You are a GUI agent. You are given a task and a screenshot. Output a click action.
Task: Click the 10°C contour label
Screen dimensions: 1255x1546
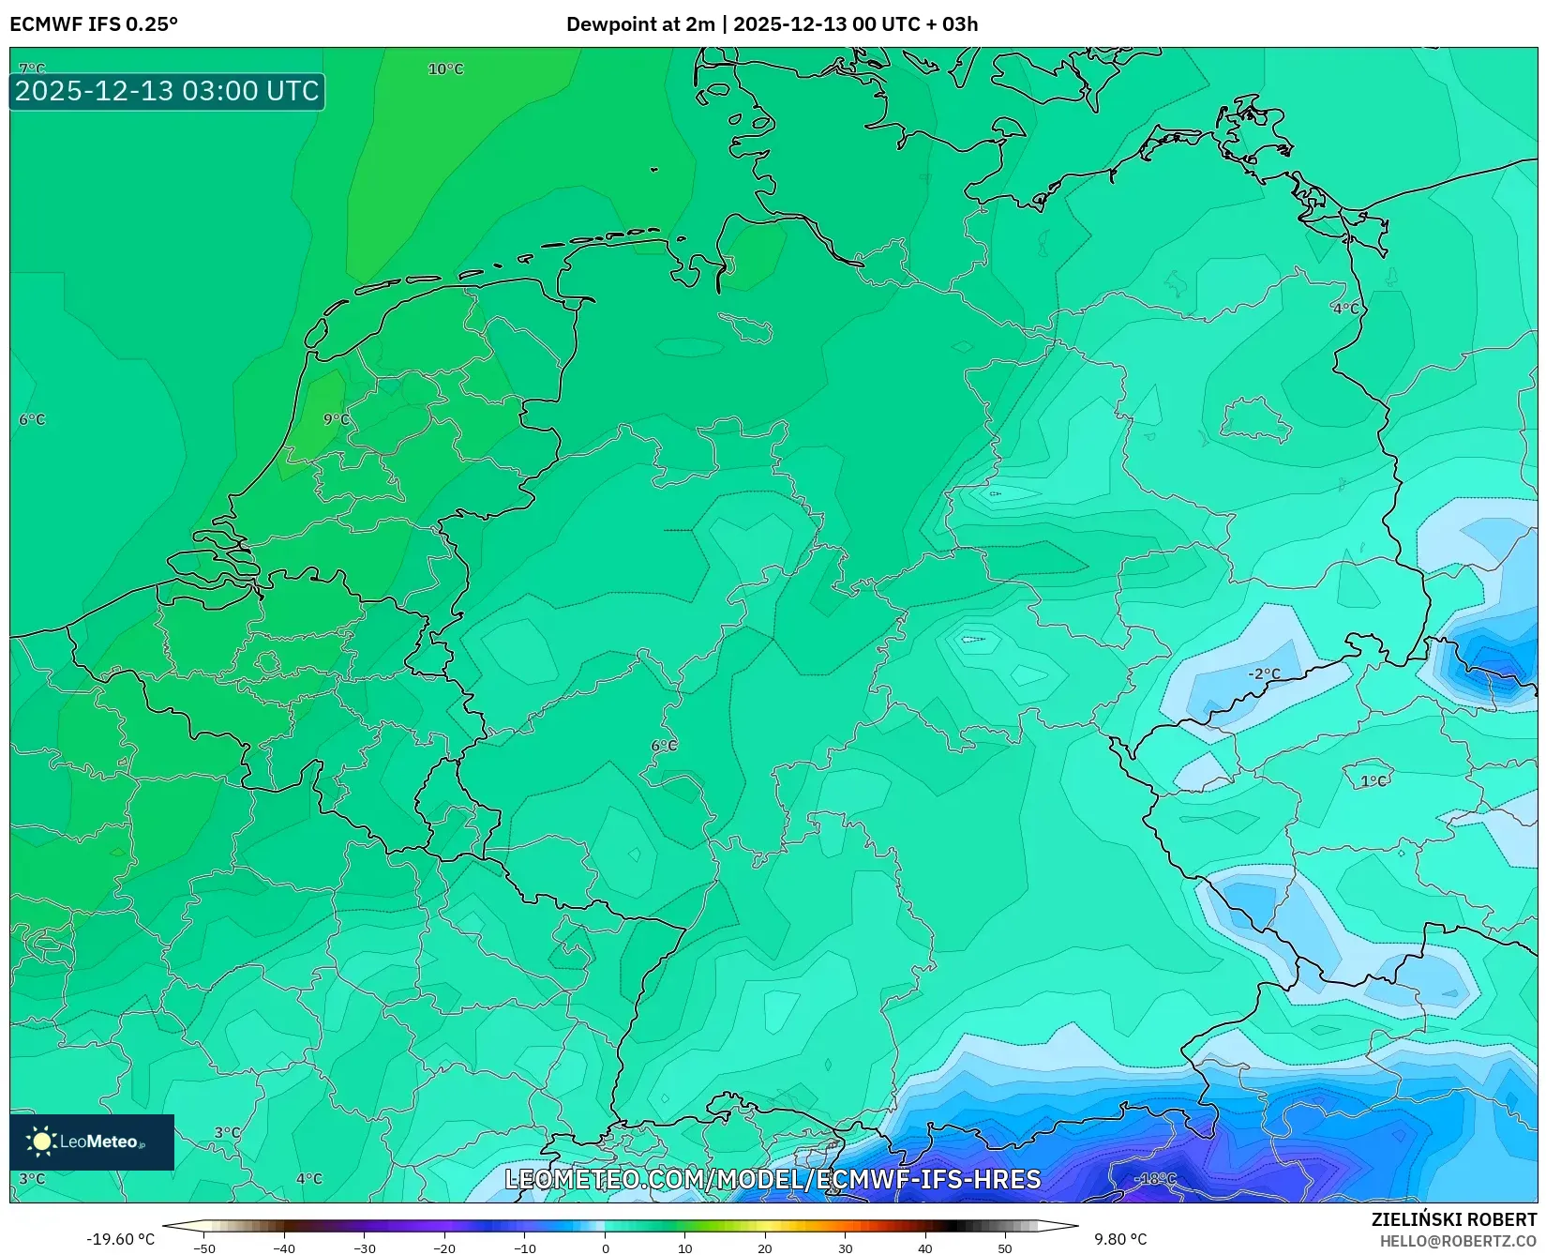(445, 69)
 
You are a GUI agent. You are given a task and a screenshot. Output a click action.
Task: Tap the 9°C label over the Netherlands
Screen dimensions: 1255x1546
(336, 419)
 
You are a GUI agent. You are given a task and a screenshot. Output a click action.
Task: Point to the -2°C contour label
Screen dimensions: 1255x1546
(1264, 673)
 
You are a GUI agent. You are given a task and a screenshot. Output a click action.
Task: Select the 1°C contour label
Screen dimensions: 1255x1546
(1373, 780)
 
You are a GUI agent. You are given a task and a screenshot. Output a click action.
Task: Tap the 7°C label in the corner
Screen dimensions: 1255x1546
(32, 69)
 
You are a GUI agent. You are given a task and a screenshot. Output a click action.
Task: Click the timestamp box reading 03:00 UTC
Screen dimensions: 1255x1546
(167, 91)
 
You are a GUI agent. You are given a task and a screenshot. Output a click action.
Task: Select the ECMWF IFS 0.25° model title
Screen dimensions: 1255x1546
(94, 24)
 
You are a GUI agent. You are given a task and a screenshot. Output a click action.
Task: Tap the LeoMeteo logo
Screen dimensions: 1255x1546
(91, 1142)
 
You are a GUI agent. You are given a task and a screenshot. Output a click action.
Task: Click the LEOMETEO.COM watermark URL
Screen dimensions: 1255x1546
(773, 1179)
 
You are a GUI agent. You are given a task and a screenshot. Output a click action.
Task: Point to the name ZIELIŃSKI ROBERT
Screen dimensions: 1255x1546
(1453, 1219)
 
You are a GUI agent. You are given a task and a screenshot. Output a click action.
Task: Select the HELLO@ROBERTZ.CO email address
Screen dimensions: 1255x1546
(1458, 1240)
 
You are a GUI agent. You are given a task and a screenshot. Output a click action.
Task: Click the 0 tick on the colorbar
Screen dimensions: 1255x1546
(605, 1248)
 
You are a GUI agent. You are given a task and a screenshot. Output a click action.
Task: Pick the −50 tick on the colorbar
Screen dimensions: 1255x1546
(203, 1248)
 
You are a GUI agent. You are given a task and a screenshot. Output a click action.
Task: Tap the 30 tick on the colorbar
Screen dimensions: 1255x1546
(846, 1248)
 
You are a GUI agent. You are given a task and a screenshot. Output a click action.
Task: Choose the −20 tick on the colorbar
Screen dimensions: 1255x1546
(444, 1248)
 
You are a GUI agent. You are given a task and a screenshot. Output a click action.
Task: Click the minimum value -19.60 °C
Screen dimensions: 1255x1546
(120, 1239)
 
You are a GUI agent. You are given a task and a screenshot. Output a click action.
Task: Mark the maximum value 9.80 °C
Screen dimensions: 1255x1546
(1120, 1239)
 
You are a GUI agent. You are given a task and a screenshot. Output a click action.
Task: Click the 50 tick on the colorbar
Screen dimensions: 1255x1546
(1005, 1248)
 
